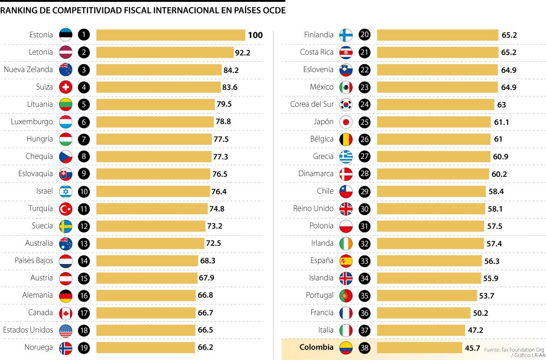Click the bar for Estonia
pos(171,35)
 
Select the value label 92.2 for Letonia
pos(243,53)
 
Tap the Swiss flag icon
pos(66,87)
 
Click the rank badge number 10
pos(83,191)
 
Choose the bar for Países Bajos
pos(147,261)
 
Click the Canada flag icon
pos(66,313)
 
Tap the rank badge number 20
pos(364,35)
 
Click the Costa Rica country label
pos(317,52)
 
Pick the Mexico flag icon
pos(346,87)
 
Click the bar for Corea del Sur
pos(435,105)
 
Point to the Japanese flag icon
pos(346,122)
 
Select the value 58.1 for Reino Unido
pos(495,209)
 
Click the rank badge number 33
pos(364,261)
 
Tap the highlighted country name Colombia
pos(316,347)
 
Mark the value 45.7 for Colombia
pos(472,348)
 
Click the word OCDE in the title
pos(273,10)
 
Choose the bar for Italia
pos(421,330)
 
